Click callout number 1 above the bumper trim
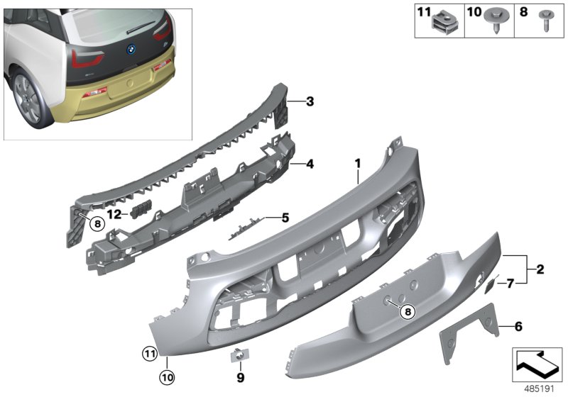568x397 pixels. tap(359, 164)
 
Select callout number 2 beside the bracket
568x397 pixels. tap(540, 269)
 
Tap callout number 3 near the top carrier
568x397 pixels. tap(310, 102)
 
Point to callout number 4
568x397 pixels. tap(310, 164)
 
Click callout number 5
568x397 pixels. tap(285, 218)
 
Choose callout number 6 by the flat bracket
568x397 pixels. tap(518, 327)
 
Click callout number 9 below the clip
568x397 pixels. tap(240, 376)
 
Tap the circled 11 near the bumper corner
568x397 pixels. tap(148, 352)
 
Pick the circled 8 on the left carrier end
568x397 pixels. tap(98, 223)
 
